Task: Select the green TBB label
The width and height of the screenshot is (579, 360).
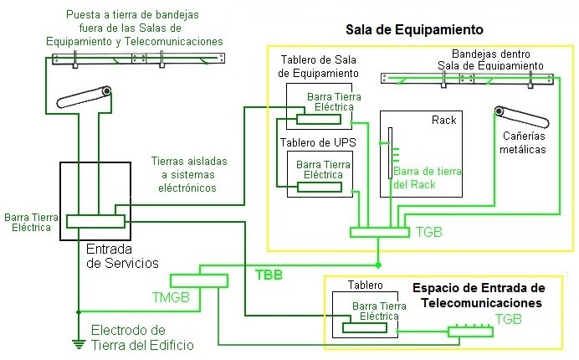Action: click(x=269, y=274)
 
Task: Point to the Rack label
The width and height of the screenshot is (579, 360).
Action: click(x=443, y=121)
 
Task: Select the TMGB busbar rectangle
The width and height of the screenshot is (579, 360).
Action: click(x=199, y=280)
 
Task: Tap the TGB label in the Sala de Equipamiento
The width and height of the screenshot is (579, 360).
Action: click(x=428, y=232)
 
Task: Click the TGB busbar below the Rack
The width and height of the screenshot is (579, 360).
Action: click(x=377, y=232)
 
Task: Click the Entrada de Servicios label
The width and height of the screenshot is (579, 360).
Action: click(x=122, y=256)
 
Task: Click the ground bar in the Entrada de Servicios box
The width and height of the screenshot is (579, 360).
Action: click(x=95, y=221)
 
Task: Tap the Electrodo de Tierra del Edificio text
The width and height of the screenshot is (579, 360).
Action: click(x=142, y=337)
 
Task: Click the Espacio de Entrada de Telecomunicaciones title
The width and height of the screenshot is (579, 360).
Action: click(x=479, y=295)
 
